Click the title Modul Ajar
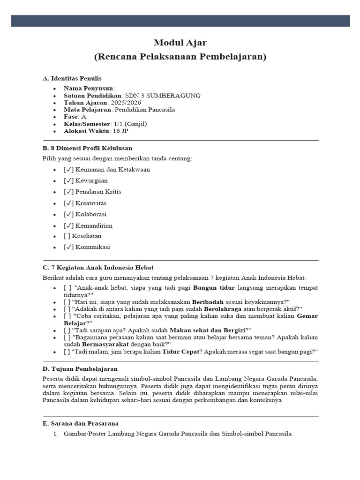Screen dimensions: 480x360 tap(180, 43)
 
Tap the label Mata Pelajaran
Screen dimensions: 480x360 tap(88, 109)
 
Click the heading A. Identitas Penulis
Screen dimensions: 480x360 tap(72, 78)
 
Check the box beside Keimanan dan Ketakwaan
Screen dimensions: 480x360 tap(68, 170)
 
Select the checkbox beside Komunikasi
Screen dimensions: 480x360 tap(68, 247)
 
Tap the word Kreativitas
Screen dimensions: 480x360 tap(91, 203)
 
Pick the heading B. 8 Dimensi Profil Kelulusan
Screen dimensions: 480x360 tap(87, 148)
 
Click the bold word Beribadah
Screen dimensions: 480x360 tap(210, 301)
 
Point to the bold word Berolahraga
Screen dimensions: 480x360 tap(230, 308)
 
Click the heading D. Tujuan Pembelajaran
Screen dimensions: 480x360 tap(80, 369)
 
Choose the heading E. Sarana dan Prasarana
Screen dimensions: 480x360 tap(81, 423)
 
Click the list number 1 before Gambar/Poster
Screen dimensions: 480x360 tap(55, 434)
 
